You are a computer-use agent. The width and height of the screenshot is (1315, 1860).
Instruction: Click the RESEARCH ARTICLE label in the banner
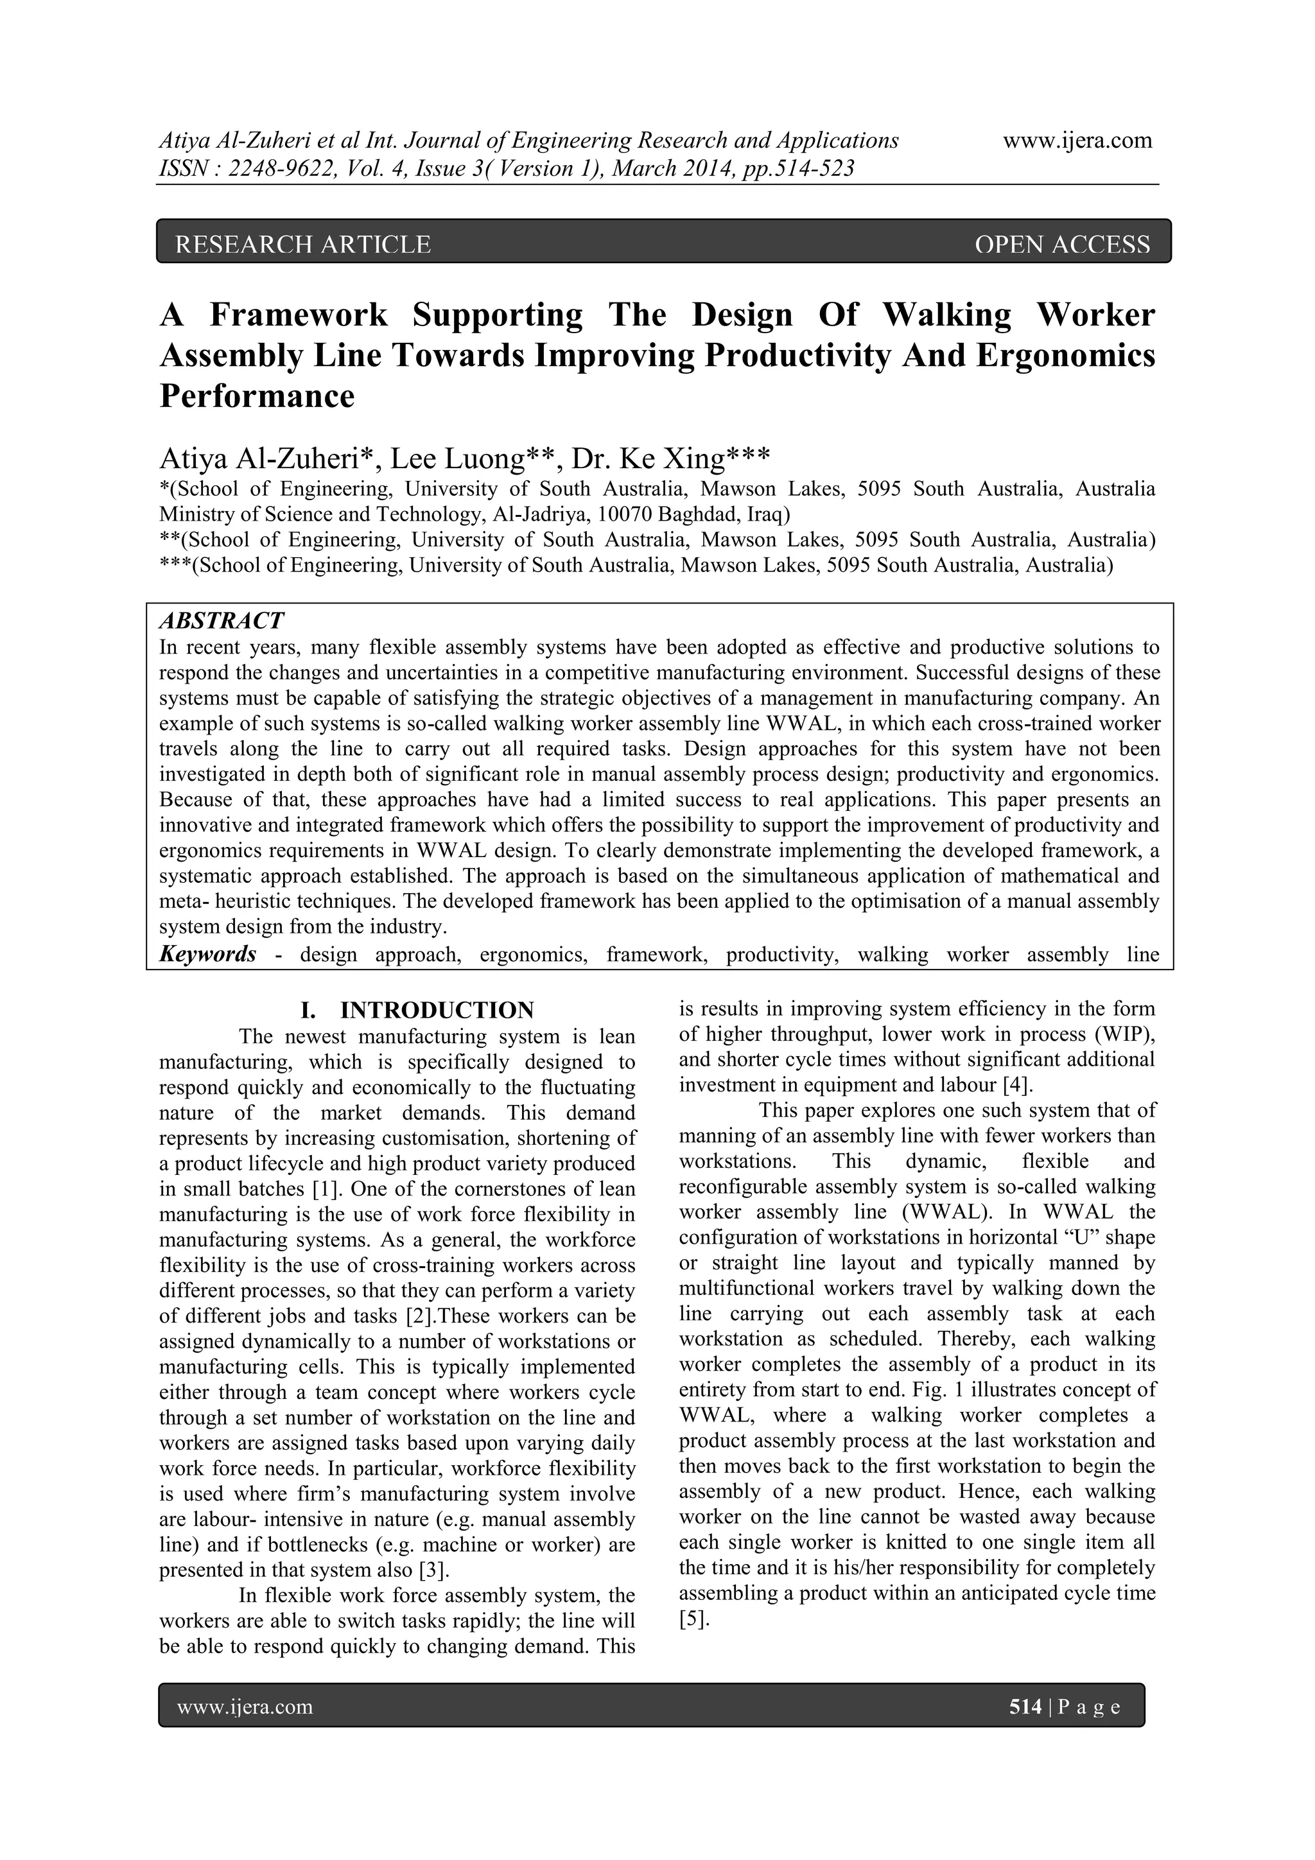point(303,244)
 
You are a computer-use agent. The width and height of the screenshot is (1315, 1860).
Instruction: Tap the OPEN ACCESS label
point(1062,244)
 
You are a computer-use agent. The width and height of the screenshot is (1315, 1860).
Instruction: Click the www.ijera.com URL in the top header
point(1077,140)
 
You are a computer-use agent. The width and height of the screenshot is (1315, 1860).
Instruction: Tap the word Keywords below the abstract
point(208,954)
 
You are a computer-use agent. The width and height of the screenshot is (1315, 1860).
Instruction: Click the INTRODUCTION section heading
point(437,1010)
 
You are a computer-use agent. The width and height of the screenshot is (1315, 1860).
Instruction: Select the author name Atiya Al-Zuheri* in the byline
point(267,458)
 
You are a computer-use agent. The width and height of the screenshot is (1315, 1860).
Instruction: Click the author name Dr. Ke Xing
point(671,458)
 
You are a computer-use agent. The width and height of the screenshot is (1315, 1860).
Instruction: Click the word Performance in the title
point(257,396)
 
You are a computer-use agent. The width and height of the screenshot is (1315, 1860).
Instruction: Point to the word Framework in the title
point(299,315)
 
